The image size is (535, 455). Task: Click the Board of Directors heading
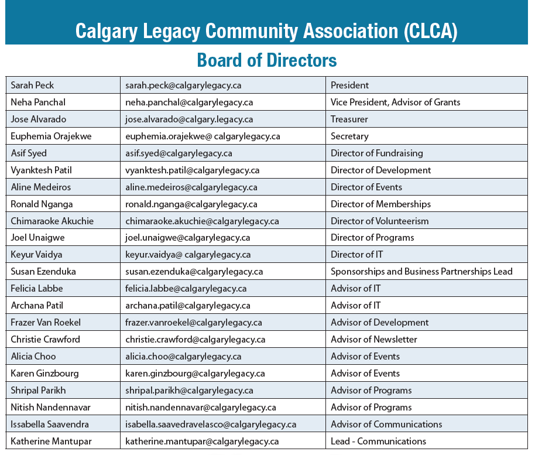click(267, 60)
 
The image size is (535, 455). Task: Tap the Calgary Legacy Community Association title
click(267, 31)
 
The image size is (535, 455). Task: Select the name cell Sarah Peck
click(32, 85)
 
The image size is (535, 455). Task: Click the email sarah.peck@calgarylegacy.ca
click(183, 85)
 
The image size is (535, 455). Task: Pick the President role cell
click(349, 85)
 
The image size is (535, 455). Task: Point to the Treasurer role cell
click(349, 119)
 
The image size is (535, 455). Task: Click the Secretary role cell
click(349, 136)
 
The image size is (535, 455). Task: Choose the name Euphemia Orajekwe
click(50, 136)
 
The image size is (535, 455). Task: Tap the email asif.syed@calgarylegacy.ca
click(179, 153)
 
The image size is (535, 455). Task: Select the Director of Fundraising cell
click(376, 153)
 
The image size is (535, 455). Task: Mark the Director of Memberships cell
click(380, 204)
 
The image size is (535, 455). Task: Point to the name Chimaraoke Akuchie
click(52, 221)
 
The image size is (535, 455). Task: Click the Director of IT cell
click(356, 254)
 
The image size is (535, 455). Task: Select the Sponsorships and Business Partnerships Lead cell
click(421, 271)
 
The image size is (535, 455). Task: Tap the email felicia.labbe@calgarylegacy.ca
click(186, 288)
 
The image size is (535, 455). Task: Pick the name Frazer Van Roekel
click(46, 322)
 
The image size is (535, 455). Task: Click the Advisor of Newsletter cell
click(373, 339)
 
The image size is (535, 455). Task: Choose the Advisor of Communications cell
click(386, 424)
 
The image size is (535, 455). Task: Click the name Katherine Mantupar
click(51, 441)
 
